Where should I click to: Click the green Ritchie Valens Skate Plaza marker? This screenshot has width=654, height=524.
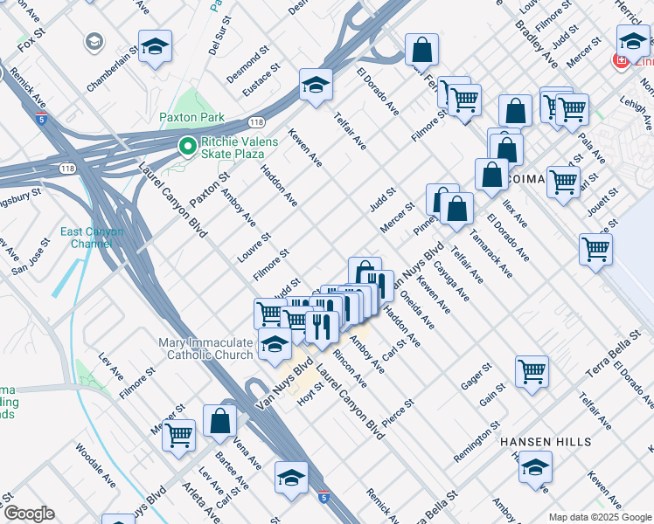pyautogui.click(x=186, y=147)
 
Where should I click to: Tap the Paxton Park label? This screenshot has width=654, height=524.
pyautogui.click(x=191, y=117)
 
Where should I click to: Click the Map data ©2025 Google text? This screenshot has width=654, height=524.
pyautogui.click(x=599, y=517)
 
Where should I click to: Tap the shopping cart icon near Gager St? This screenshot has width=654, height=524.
pyautogui.click(x=532, y=371)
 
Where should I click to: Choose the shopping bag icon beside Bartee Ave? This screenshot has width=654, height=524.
pyautogui.click(x=219, y=421)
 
